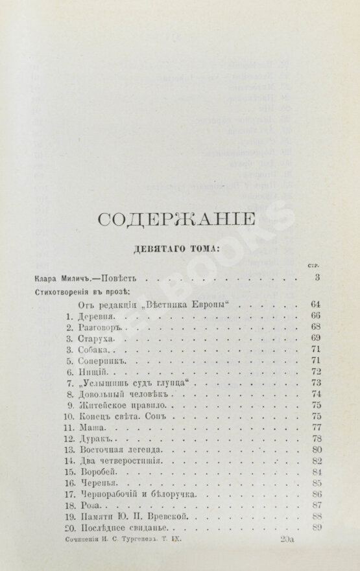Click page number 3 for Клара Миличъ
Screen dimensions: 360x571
pyautogui.click(x=310, y=278)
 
